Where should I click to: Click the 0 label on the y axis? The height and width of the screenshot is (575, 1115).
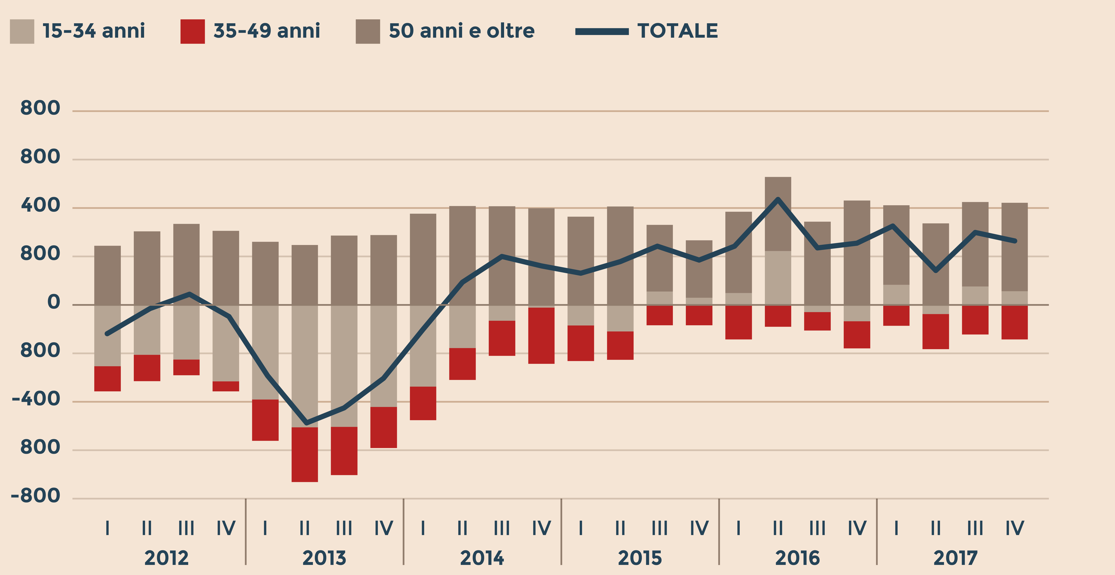[x=54, y=302]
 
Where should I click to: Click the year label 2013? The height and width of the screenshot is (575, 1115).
[x=324, y=558]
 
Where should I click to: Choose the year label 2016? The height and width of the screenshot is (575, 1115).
[x=797, y=558]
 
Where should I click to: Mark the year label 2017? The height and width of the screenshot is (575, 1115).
[x=955, y=558]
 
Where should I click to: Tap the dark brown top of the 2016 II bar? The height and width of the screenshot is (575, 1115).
[x=778, y=214]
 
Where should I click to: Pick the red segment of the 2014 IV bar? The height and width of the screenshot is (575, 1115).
[x=541, y=336]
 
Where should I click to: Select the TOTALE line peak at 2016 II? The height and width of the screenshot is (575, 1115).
[x=778, y=199]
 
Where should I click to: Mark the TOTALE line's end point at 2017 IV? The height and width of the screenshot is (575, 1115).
[x=1015, y=241]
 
